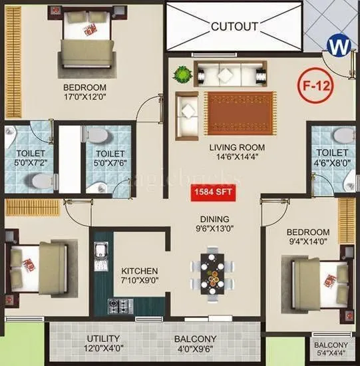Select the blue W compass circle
pos(339,47)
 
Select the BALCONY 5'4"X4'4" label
pos(330,349)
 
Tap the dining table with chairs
pos(213,270)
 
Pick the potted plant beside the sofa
pos(179,75)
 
